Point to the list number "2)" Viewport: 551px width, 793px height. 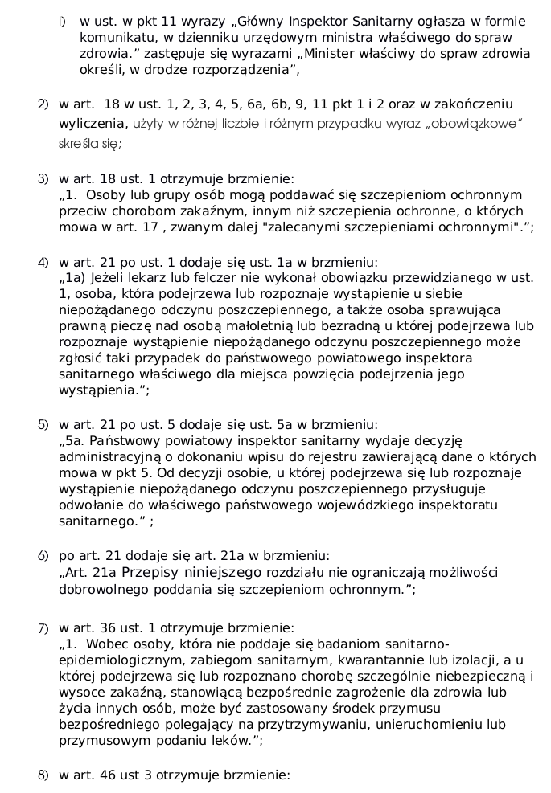pos(43,104)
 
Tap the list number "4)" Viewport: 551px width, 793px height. pos(43,262)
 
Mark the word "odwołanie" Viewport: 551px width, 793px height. pos(90,505)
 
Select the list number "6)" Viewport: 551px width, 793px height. pos(43,556)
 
